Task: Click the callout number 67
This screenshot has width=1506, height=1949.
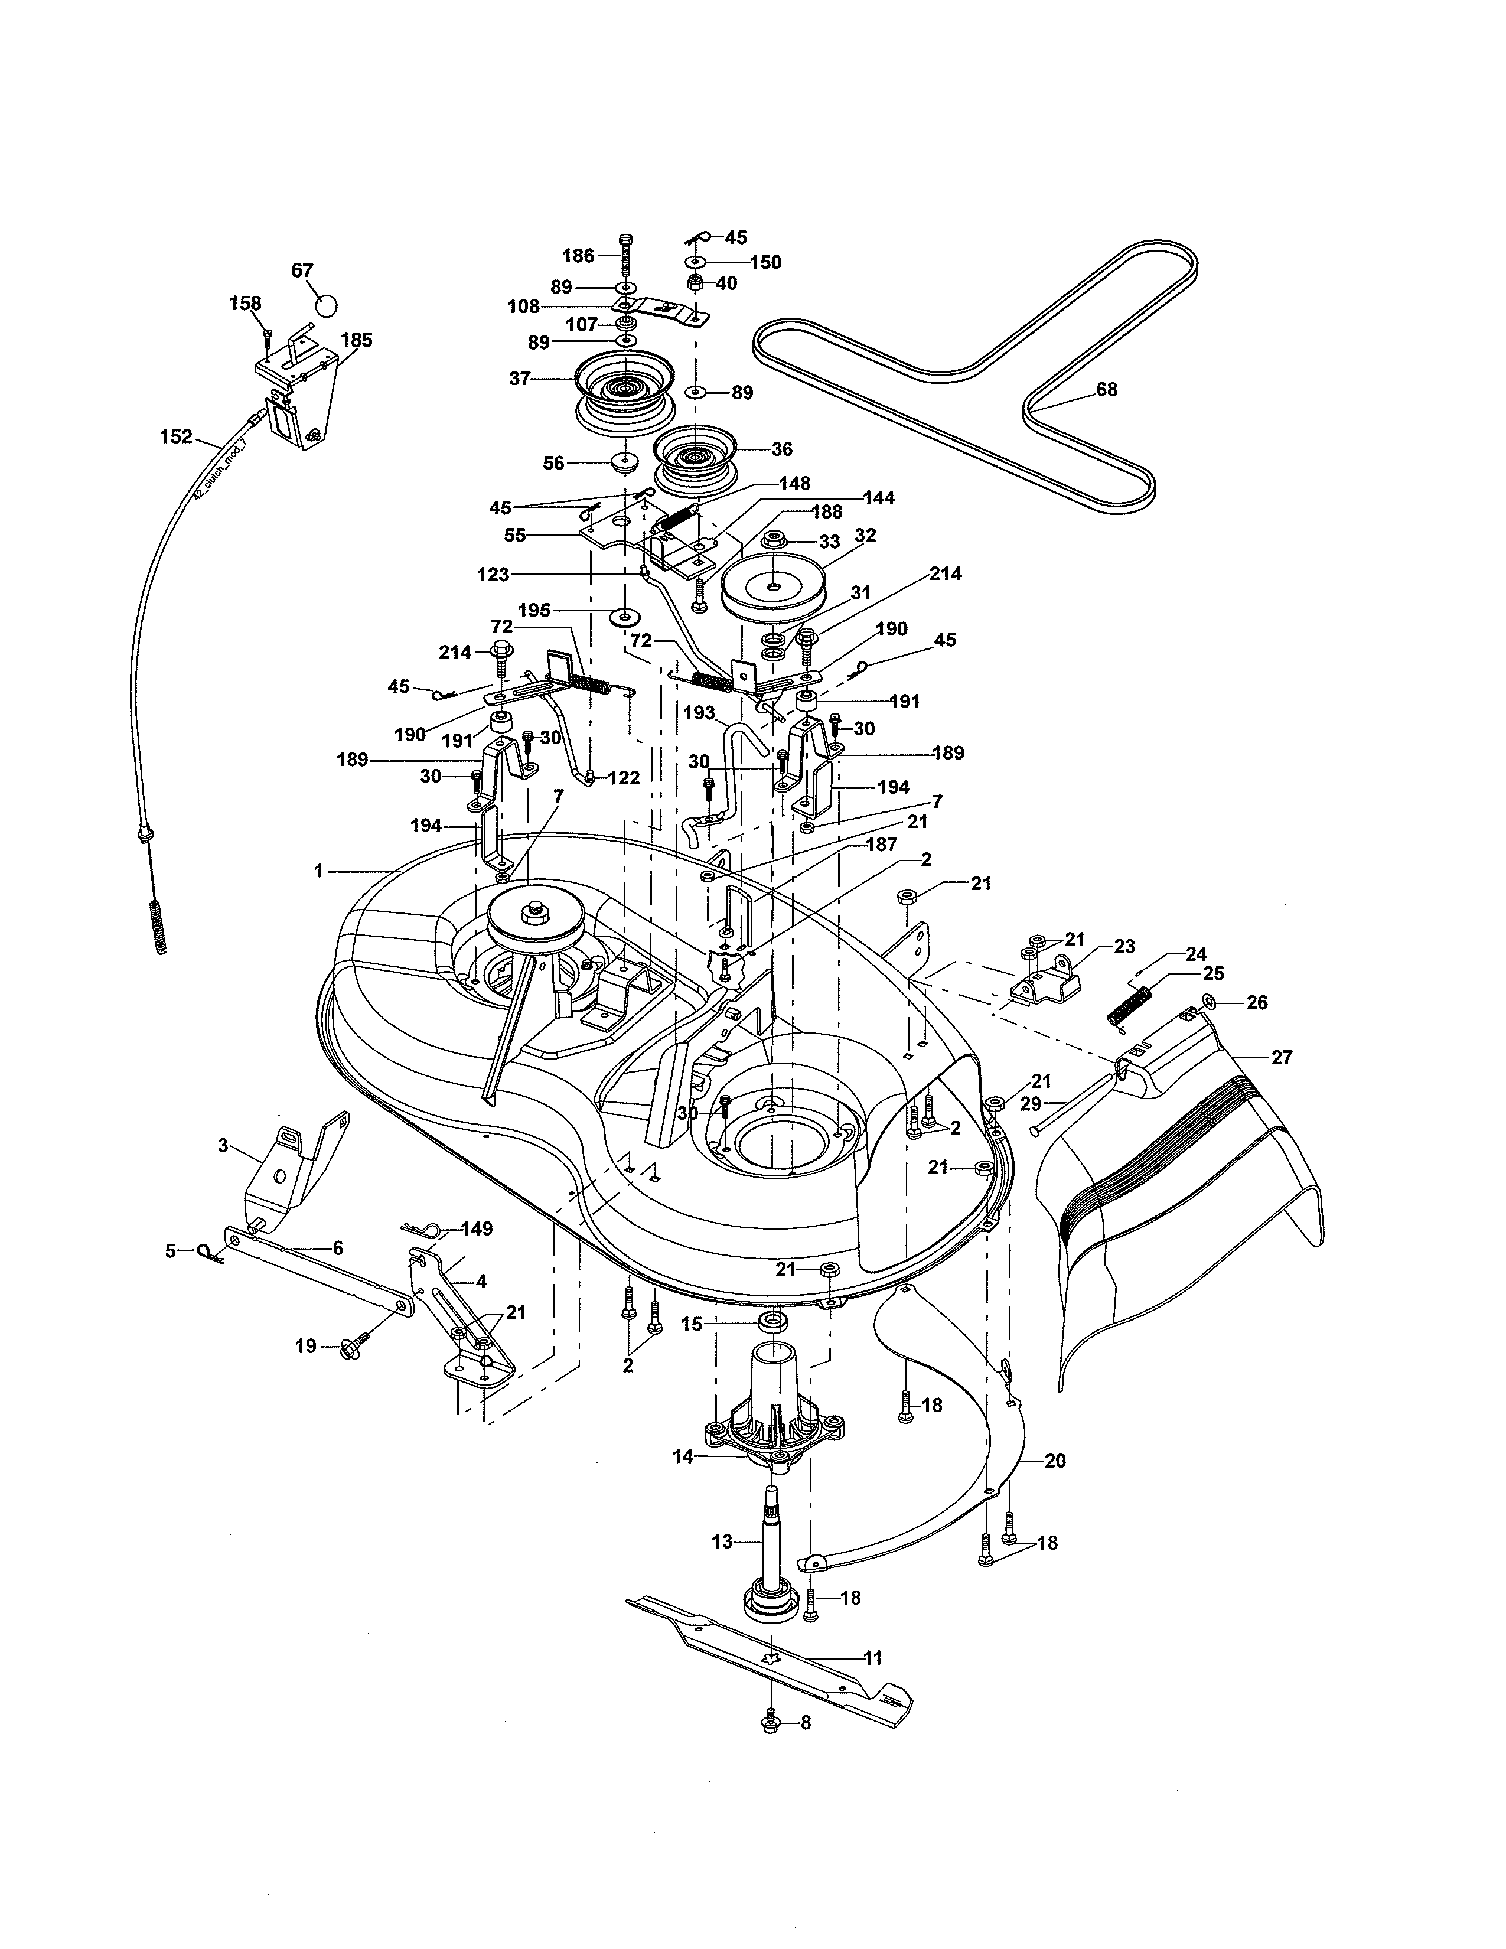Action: pos(302,269)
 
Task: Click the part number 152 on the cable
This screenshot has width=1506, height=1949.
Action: pos(176,436)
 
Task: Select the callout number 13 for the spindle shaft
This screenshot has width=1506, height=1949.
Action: pos(722,1541)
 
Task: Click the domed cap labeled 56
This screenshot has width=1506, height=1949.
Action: pos(622,464)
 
